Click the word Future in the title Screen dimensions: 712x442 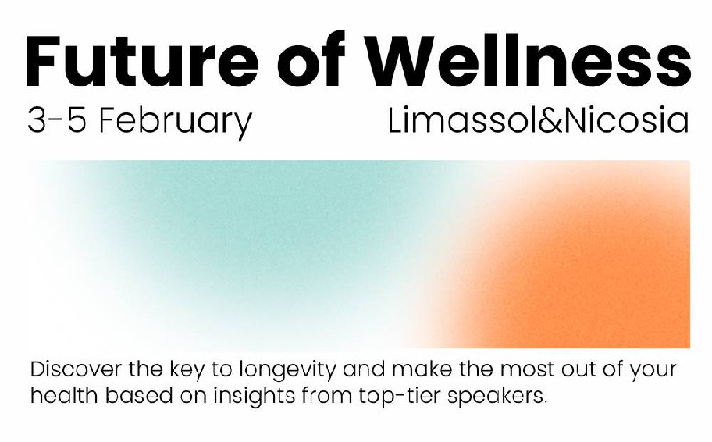pos(142,61)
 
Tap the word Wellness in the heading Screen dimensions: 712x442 pos(529,59)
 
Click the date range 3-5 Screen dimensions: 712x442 pos(57,119)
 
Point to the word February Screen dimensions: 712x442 pos(175,123)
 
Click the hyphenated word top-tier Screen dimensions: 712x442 pos(399,397)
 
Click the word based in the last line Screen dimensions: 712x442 pos(139,395)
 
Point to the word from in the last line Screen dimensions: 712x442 pos(327,395)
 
